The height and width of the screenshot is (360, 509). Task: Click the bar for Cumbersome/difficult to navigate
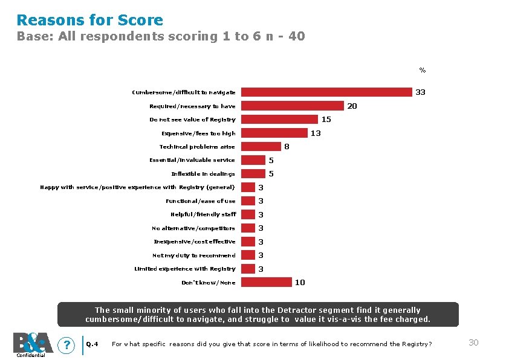326,92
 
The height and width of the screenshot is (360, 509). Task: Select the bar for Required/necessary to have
293,106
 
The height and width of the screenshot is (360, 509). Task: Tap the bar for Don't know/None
267,282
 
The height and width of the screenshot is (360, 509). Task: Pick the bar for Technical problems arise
261,147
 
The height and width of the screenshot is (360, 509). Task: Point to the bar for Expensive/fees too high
274,133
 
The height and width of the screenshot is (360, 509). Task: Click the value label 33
420,92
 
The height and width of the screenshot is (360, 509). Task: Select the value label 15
326,120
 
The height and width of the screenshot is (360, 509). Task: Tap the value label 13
316,133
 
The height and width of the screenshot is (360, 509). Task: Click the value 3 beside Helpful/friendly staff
261,214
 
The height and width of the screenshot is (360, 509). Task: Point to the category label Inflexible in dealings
203,174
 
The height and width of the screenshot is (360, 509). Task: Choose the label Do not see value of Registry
192,120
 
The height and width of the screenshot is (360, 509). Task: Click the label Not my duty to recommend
194,256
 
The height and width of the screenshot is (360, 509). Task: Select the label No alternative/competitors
193,228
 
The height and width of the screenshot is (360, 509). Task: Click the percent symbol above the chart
423,70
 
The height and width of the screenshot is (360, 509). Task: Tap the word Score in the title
140,20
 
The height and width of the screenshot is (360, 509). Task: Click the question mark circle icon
66,345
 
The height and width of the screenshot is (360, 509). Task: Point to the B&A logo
33,343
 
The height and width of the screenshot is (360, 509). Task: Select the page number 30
473,342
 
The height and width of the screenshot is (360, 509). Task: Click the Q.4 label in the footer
92,344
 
